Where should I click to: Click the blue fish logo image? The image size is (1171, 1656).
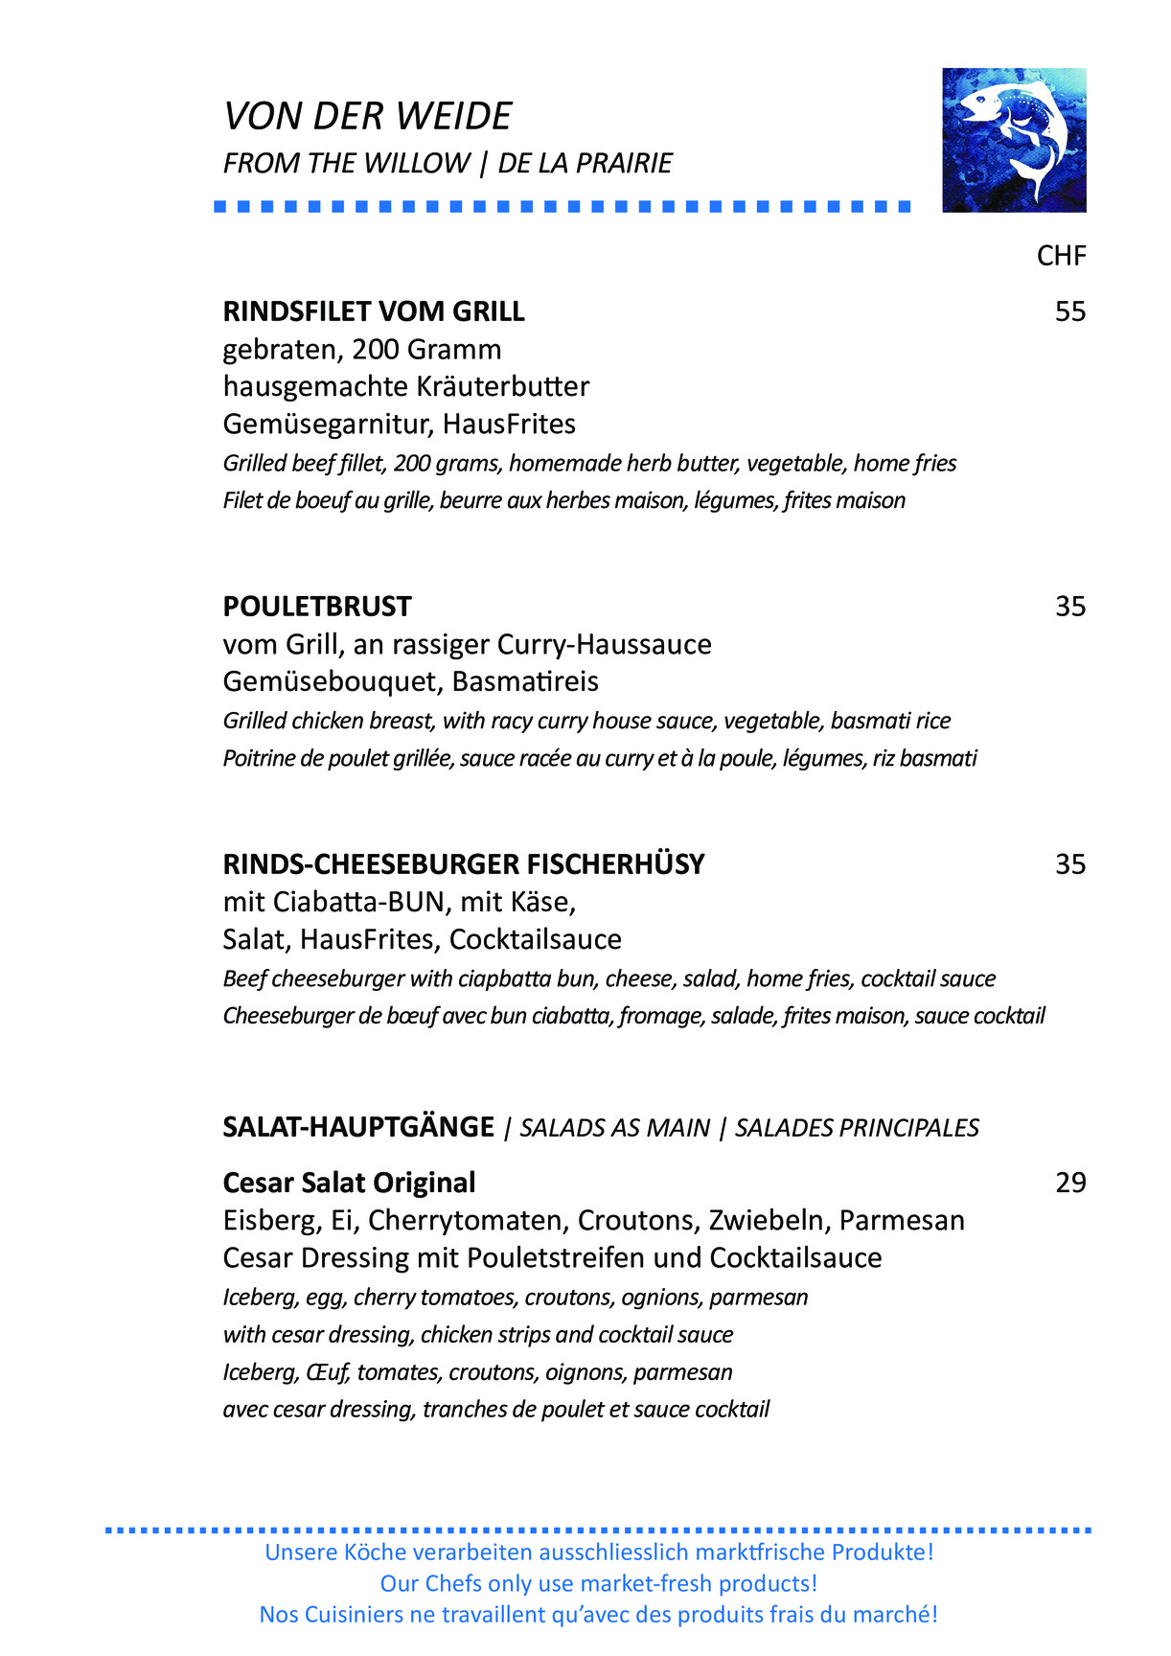(1014, 140)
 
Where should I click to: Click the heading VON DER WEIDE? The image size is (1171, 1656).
(367, 116)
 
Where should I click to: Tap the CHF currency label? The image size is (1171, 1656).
(1061, 256)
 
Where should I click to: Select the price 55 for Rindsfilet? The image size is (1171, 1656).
(1069, 311)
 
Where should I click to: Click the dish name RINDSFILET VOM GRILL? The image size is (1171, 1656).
(374, 311)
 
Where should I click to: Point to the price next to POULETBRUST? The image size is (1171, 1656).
(1069, 607)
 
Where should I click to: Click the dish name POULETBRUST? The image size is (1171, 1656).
(317, 607)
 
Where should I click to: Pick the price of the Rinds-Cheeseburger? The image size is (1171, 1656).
(1069, 864)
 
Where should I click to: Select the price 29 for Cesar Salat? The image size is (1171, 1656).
(1069, 1183)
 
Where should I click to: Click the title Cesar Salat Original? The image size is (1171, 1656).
(349, 1183)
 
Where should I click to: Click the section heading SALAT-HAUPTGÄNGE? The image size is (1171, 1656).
(358, 1127)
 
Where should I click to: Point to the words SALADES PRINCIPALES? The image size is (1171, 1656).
(857, 1128)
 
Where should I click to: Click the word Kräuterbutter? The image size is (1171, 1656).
(503, 386)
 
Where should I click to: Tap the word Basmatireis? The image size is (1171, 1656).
(525, 681)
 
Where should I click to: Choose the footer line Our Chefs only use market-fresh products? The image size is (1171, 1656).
(599, 1583)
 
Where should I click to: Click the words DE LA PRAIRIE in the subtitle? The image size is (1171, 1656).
(585, 163)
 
